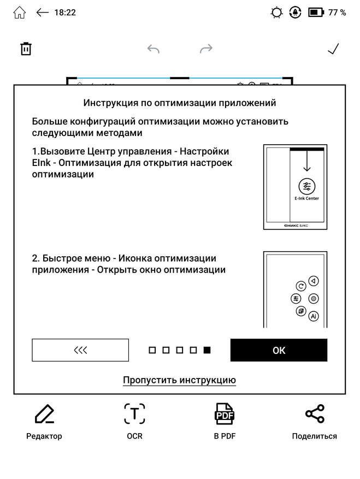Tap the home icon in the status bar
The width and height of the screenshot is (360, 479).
coord(19,13)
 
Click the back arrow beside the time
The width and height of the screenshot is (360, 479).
coord(42,13)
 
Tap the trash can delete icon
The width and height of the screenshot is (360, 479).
coord(26,49)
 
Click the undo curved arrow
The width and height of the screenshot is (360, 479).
coord(154,49)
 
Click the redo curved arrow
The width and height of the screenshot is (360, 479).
coord(206,49)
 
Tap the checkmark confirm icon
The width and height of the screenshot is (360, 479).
coord(333,49)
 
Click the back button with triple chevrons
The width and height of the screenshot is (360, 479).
coord(80,350)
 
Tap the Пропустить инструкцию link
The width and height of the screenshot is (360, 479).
coord(179,380)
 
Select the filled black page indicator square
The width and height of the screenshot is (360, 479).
coord(207,350)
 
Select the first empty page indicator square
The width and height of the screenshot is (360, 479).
coord(152,350)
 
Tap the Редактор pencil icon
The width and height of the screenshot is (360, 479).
coord(44,415)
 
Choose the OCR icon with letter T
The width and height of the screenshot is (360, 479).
coord(134,415)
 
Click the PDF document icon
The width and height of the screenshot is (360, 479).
coord(224,415)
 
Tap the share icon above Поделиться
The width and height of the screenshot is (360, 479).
coord(314,414)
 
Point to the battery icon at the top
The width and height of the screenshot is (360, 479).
coord(316,13)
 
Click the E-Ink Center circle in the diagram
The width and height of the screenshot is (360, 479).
coord(306,186)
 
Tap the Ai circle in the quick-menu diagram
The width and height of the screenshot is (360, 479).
coord(313,316)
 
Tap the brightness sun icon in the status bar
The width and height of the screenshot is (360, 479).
coord(277,13)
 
